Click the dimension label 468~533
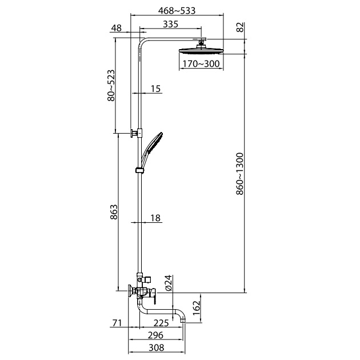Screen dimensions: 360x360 (x=177, y=10)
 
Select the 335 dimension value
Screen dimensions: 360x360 (x=170, y=24)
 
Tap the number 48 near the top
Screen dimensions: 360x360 (x=116, y=28)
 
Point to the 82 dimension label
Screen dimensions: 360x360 (x=240, y=27)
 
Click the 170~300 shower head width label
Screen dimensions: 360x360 (x=201, y=63)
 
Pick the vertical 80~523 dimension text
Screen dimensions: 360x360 (x=111, y=85)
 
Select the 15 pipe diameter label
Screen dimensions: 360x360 (x=155, y=89)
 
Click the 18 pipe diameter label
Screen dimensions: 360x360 (x=155, y=218)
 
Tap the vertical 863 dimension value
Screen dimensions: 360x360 (x=114, y=212)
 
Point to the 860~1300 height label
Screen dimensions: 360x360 (x=239, y=174)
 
